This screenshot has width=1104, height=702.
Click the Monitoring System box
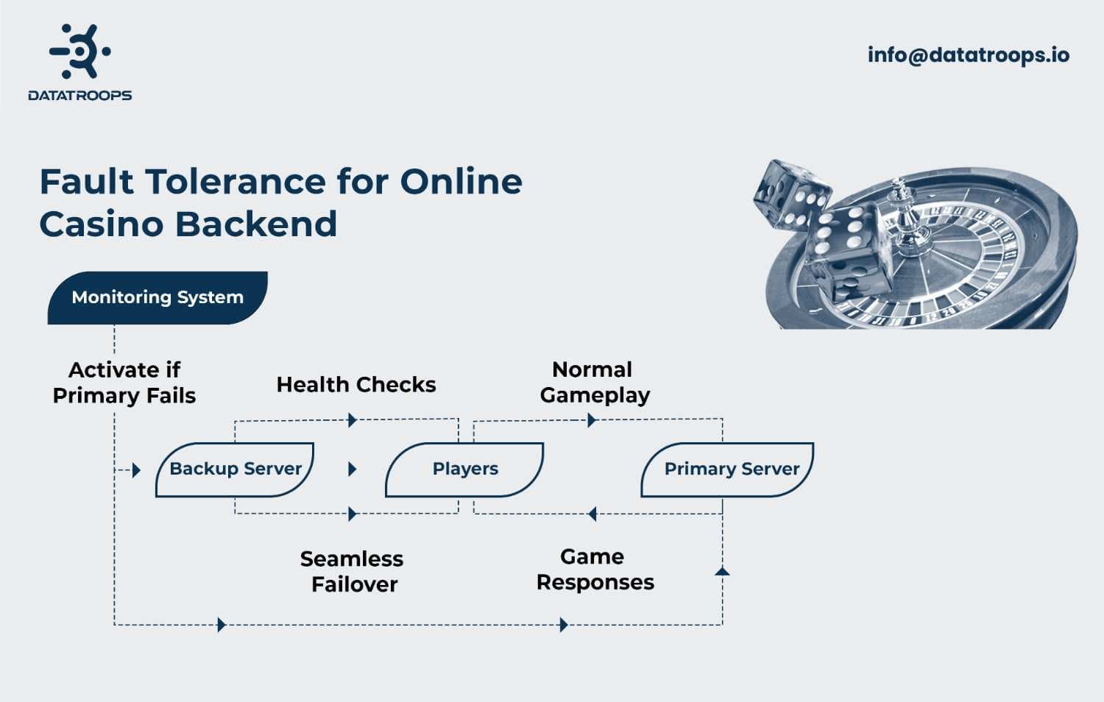pyautogui.click(x=158, y=297)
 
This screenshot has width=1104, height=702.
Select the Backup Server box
pyautogui.click(x=236, y=469)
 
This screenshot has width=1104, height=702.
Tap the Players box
pyautogui.click(x=465, y=469)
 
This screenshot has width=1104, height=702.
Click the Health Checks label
pyautogui.click(x=356, y=385)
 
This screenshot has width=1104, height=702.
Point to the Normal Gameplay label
pyautogui.click(x=595, y=383)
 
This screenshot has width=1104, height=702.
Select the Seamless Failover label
pyautogui.click(x=353, y=572)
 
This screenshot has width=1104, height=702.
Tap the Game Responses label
pyautogui.click(x=595, y=570)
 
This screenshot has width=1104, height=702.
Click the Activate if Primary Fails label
pyautogui.click(x=124, y=383)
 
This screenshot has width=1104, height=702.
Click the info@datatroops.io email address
pyautogui.click(x=968, y=54)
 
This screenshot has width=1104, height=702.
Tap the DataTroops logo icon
pyautogui.click(x=79, y=51)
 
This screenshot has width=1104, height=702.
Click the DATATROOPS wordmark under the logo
pyautogui.click(x=79, y=96)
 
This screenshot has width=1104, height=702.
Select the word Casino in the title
pyautogui.click(x=102, y=224)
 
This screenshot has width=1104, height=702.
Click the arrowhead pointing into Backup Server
pyautogui.click(x=136, y=470)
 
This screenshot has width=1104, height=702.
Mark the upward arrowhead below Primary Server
pyautogui.click(x=722, y=571)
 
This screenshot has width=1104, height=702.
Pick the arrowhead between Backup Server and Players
pyautogui.click(x=352, y=469)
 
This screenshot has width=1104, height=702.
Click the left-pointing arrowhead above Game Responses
pyautogui.click(x=592, y=514)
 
